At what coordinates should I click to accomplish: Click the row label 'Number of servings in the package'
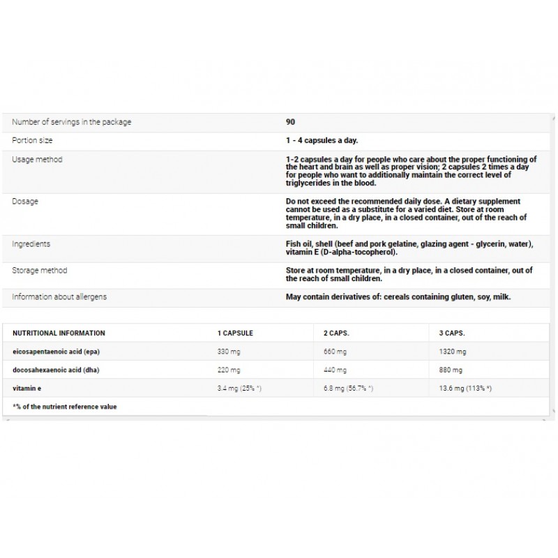(71, 122)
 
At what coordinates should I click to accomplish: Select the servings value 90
(290, 122)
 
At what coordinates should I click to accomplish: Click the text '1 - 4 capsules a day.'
(322, 140)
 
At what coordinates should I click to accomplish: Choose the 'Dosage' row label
(25, 202)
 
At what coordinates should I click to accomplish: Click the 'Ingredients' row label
(31, 244)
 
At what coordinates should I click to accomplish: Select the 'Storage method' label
(40, 271)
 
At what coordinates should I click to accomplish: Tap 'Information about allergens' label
(59, 297)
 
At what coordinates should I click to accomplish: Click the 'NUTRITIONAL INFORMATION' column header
(59, 333)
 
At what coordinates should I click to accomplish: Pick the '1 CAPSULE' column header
(235, 333)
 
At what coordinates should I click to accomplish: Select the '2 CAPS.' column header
(336, 333)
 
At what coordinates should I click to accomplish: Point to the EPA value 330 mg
(229, 352)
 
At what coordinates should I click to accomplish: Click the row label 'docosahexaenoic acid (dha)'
(56, 370)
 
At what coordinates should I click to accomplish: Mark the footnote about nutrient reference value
(65, 406)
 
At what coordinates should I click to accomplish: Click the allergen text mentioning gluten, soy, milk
(398, 297)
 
